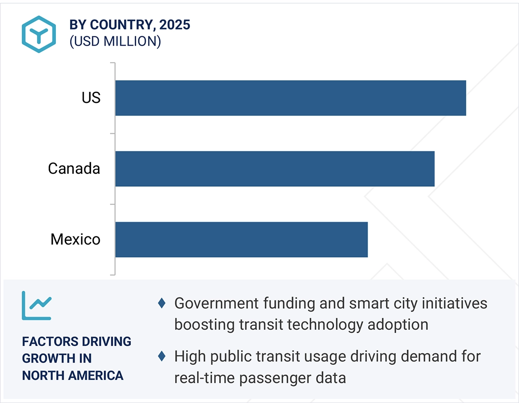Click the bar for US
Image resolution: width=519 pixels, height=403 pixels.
click(291, 98)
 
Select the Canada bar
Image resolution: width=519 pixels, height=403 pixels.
click(275, 169)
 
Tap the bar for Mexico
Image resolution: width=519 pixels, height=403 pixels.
click(242, 239)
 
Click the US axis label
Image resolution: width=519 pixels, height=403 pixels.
click(91, 98)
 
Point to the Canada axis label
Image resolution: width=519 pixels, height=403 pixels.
click(74, 169)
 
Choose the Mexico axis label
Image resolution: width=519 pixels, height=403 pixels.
click(75, 239)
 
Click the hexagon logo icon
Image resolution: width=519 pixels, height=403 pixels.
click(39, 34)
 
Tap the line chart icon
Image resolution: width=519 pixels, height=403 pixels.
click(37, 305)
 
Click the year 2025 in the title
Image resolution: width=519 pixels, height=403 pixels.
click(175, 25)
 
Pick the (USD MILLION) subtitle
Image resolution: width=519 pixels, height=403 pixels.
click(115, 41)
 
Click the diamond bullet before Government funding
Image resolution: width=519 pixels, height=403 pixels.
click(162, 304)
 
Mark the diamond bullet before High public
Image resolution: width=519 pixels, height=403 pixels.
click(162, 356)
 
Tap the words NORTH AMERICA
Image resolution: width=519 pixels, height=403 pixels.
click(73, 376)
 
